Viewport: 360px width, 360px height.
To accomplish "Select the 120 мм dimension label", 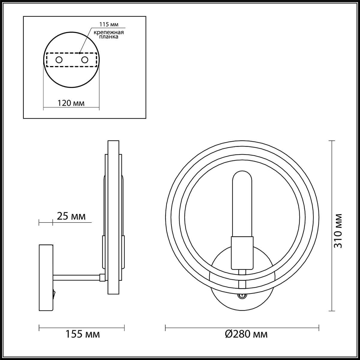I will click(71, 103).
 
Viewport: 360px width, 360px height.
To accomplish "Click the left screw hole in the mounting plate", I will click(59, 60).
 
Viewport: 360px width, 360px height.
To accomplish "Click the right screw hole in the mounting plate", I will click(85, 60).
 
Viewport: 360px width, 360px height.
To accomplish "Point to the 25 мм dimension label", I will click(71, 216).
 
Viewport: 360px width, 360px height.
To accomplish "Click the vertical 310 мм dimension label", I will click(338, 230).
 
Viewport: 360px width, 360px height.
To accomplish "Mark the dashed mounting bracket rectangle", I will click(71, 60).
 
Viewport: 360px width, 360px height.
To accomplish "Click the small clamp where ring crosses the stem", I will click(242, 284).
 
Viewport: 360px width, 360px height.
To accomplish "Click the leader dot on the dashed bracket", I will click(79, 53).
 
